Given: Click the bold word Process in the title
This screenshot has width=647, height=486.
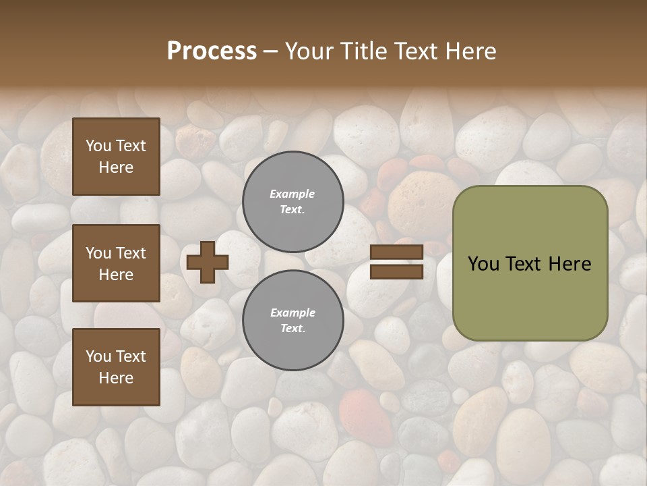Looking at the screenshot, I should coord(212,51).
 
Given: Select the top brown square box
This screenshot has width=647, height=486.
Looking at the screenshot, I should coord(116,157).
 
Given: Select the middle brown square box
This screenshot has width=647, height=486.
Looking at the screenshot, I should coord(116,263).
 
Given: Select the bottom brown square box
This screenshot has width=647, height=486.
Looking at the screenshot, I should coord(116,367).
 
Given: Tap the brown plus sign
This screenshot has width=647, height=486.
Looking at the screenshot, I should coord(208,262).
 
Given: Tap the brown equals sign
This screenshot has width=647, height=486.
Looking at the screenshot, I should coord(396,262).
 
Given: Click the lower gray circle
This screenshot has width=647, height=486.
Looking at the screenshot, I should coord(293,320).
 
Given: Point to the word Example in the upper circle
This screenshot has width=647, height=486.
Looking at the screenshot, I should coord(292,194).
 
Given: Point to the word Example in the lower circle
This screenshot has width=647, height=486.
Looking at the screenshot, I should coord(292,313).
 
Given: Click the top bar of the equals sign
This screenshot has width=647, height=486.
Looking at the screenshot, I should coord(396,252).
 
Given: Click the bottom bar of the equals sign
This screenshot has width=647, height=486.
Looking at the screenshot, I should coord(396,271).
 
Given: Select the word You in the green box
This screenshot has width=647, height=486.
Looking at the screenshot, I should coord(484,264).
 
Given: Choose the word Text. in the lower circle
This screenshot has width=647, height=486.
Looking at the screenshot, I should coord(292,329).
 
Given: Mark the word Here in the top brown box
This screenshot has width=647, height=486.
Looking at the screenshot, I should coord(116,167).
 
